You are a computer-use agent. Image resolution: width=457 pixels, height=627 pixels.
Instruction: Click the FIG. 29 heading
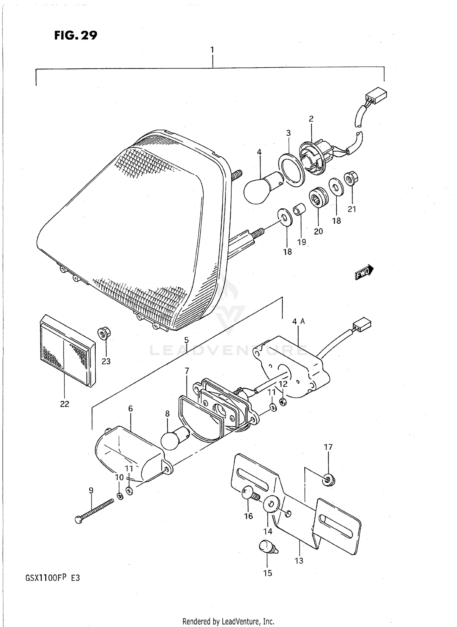click(76, 36)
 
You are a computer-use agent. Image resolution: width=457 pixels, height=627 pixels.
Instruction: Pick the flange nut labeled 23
click(104, 334)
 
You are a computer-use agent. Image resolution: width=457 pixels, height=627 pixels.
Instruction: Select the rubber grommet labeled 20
click(318, 198)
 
